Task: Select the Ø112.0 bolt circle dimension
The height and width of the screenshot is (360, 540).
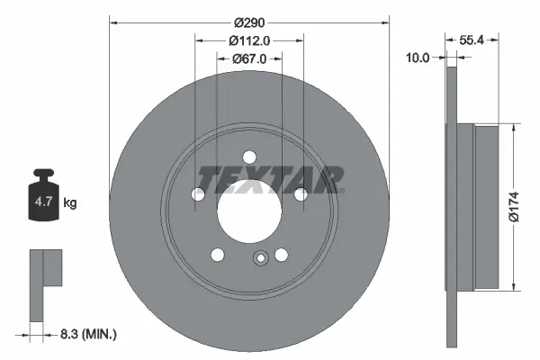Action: [249, 40]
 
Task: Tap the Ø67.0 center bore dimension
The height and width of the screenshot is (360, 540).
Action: [249, 59]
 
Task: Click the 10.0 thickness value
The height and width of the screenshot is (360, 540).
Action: [418, 57]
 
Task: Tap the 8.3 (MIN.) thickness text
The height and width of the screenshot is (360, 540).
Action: [88, 334]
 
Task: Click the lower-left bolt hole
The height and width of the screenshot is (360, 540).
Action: [217, 255]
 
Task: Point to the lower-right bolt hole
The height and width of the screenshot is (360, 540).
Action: [281, 255]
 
